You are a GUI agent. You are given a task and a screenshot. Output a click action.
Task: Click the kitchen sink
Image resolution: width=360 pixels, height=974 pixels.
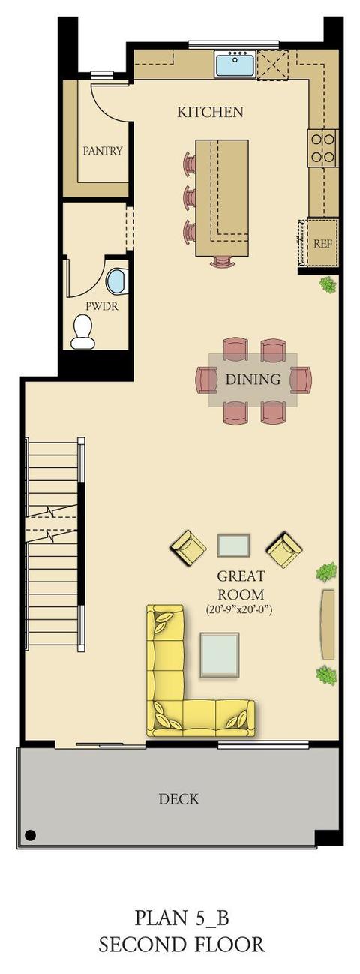pos(235,63)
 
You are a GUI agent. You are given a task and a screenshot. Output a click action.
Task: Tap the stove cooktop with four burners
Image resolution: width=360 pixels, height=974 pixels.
pos(323,149)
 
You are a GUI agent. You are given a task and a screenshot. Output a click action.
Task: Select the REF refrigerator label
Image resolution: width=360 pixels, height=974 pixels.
pos(322,243)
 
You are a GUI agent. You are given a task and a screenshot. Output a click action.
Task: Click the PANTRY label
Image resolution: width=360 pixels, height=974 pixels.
pos(103,151)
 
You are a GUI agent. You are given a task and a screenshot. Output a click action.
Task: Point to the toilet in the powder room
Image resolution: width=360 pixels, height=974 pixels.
pos(82,332)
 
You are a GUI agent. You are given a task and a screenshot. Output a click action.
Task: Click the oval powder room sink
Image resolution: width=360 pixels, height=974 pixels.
pos(117,281)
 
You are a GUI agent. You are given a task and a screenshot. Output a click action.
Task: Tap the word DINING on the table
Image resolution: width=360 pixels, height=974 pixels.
pos(253,379)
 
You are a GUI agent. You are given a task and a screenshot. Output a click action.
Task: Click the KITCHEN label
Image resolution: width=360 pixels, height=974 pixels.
pos(210,113)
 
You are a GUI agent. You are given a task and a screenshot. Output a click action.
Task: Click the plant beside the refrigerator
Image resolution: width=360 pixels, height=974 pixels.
pos(328,285)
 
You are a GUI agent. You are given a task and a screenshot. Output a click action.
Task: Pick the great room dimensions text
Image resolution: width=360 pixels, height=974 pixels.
pos(239,610)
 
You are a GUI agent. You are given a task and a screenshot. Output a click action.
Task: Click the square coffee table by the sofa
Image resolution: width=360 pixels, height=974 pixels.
pos(220,655)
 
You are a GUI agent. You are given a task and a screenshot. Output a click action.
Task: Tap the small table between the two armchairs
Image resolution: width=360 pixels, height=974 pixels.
pos(234,546)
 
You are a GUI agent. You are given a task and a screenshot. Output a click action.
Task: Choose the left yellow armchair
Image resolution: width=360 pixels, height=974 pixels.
pos(187,548)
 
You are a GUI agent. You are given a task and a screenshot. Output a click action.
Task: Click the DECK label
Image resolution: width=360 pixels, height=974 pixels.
pos(178,798)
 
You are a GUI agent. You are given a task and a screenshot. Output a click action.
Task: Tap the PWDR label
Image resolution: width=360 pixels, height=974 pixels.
pos(102,306)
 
